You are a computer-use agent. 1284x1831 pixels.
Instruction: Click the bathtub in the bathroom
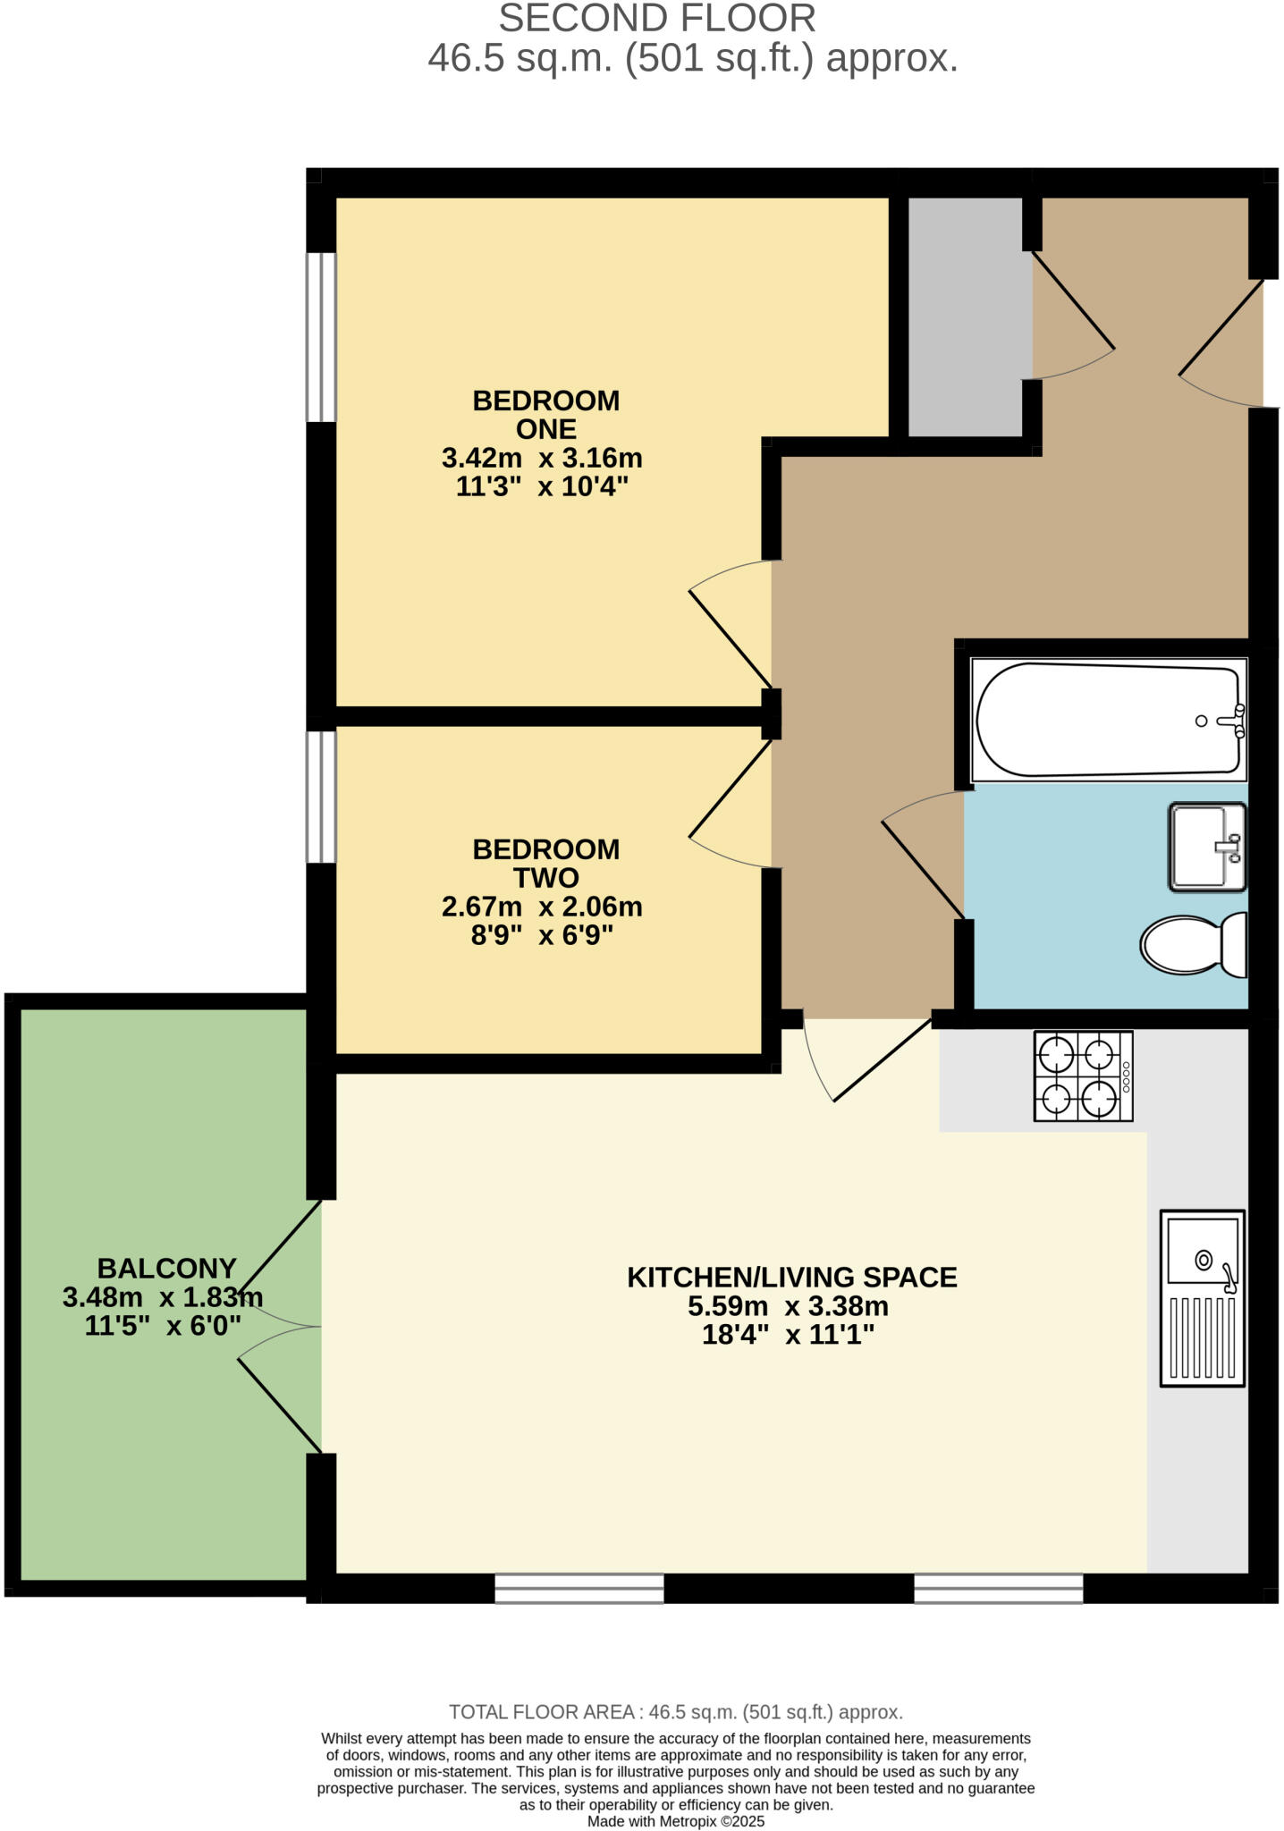pos(1107,720)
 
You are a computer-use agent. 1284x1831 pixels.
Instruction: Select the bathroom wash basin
pos(1206,846)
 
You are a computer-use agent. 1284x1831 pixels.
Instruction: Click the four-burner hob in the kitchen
pos(1083,1076)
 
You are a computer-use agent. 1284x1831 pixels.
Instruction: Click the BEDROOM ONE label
pos(545,414)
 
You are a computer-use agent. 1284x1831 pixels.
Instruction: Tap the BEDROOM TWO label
pos(545,863)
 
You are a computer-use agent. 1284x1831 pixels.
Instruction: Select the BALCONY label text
pos(166,1268)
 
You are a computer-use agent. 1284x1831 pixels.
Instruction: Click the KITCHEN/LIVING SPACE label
pos(791,1277)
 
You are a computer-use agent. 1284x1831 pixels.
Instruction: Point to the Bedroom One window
pos(320,337)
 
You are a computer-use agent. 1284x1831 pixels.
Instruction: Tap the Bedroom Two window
pos(320,797)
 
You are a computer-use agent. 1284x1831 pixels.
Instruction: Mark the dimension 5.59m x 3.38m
pos(788,1306)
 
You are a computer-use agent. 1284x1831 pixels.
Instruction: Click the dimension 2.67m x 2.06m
pos(542,907)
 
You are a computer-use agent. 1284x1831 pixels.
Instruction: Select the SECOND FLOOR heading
pos(656,19)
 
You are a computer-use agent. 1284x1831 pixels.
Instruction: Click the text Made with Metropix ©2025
pos(675,1821)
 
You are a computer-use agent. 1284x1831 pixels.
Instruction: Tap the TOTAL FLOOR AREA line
pos(675,1712)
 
